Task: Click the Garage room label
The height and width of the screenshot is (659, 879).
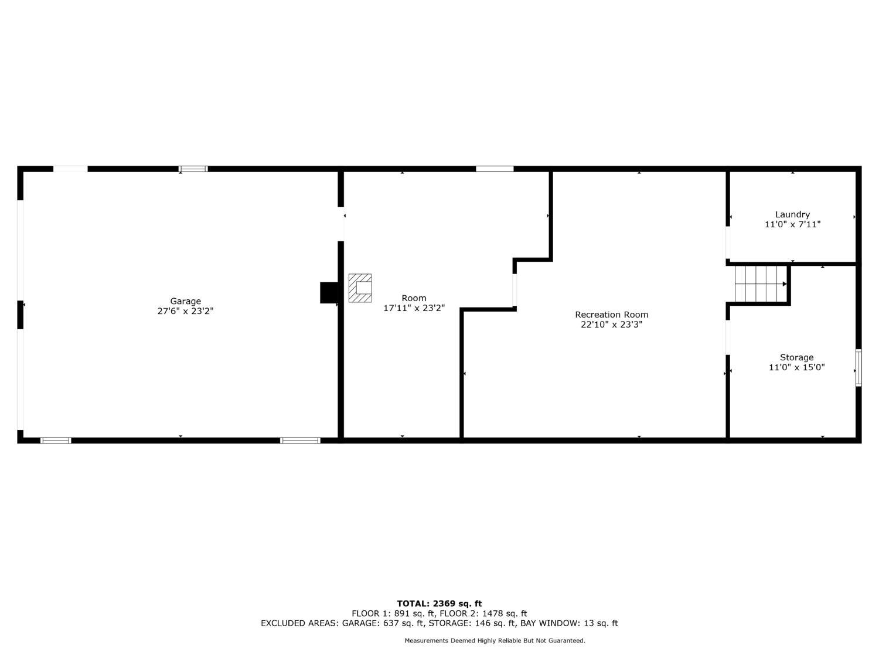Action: tap(185, 301)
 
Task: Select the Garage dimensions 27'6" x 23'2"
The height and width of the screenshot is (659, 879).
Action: tap(185, 311)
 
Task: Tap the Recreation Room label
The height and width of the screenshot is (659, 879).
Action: tap(612, 315)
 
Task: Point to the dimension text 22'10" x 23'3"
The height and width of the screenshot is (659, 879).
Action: tap(612, 325)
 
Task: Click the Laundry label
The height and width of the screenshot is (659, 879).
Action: tap(792, 214)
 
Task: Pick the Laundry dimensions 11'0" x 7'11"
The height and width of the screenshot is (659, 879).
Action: tap(792, 224)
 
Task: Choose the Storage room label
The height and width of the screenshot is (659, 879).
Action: tap(796, 357)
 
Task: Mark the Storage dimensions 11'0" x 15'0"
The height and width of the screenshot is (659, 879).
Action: tap(796, 367)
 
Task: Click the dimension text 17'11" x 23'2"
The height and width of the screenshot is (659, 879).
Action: tap(414, 308)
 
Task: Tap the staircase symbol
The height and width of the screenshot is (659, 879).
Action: tap(761, 284)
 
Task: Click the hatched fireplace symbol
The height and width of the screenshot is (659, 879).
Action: tap(360, 288)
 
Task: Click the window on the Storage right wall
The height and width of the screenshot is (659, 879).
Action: tap(858, 368)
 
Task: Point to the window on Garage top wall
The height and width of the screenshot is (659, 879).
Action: tap(193, 169)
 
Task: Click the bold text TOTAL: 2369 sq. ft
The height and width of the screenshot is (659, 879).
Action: tap(439, 603)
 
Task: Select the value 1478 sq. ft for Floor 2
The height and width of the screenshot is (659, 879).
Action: tap(503, 613)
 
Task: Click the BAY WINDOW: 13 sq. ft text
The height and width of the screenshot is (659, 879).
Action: tap(569, 623)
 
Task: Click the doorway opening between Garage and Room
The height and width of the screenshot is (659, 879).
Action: tap(341, 224)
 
